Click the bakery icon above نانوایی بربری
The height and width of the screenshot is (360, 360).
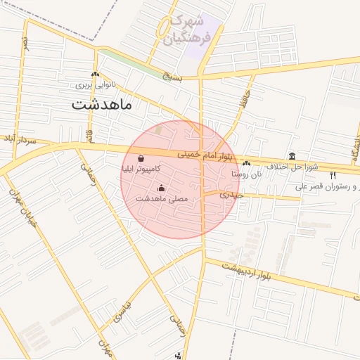click(95, 75)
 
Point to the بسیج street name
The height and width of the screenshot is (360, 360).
click(171, 75)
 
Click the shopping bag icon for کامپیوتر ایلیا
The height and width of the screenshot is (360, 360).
click(143, 159)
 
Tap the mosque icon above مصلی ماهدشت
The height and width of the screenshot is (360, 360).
click(162, 188)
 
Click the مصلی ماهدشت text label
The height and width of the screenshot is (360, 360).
click(162, 198)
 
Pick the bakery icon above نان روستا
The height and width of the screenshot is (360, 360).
click(247, 163)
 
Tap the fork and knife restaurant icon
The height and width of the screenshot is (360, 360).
click(333, 175)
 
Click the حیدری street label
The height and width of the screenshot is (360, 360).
click(231, 194)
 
